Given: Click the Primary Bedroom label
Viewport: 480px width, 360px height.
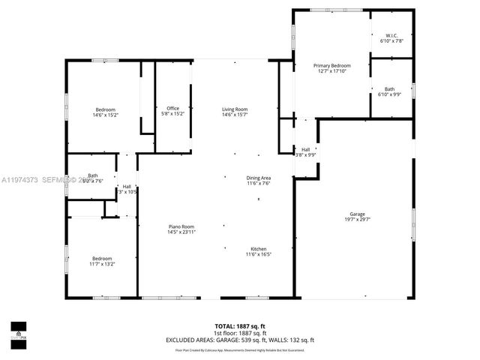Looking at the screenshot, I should pyautogui.click(x=331, y=66).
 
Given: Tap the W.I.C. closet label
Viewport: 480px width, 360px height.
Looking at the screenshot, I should pyautogui.click(x=391, y=35).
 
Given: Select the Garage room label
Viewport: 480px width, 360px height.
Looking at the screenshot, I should pyautogui.click(x=356, y=214).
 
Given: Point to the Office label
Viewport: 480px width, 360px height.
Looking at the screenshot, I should pyautogui.click(x=172, y=108).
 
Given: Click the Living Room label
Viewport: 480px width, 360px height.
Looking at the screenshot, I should pyautogui.click(x=235, y=109).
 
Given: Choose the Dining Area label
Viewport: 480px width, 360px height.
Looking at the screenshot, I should pyautogui.click(x=259, y=178).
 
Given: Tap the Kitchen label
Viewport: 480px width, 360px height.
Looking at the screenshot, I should pyautogui.click(x=258, y=249).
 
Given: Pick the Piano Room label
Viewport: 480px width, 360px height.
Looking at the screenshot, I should pyautogui.click(x=181, y=226).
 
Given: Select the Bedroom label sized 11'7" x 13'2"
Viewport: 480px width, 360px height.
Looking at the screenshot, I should pyautogui.click(x=102, y=258).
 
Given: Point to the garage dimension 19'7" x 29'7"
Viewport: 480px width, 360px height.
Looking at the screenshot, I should pyautogui.click(x=356, y=220).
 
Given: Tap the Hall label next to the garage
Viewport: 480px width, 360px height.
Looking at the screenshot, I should pyautogui.click(x=306, y=149).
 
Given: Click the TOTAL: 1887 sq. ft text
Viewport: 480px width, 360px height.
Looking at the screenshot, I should pyautogui.click(x=239, y=326).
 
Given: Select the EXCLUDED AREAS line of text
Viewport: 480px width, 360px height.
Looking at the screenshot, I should pyautogui.click(x=239, y=340).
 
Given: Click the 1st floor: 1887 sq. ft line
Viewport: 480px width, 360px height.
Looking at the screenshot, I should pyautogui.click(x=239, y=334).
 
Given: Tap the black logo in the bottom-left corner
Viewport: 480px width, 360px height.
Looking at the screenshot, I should pyautogui.click(x=18, y=331).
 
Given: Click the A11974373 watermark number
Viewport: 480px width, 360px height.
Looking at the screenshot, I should pyautogui.click(x=19, y=179).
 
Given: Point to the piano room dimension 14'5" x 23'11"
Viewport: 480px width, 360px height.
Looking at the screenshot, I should pyautogui.click(x=181, y=232).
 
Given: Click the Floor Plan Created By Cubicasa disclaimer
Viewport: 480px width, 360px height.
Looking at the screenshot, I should pyautogui.click(x=239, y=349).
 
